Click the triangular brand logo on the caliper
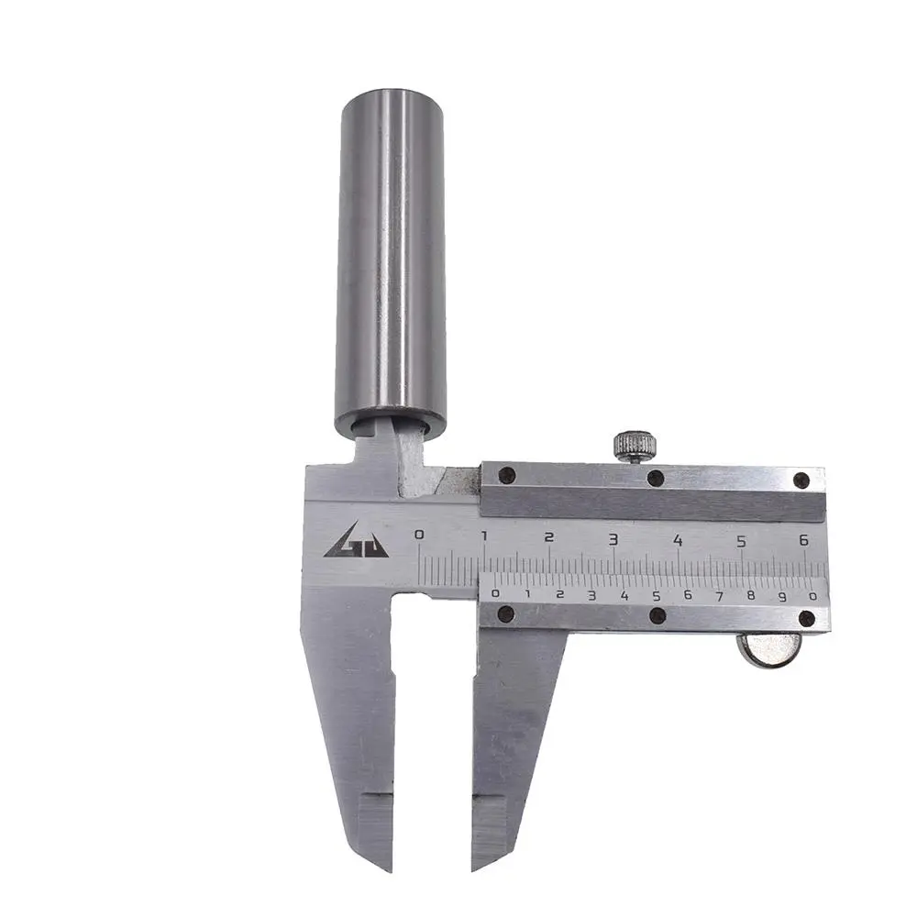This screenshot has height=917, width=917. (x=356, y=540)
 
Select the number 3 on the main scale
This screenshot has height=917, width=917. (x=613, y=539)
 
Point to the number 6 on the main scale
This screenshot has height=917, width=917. (x=803, y=540)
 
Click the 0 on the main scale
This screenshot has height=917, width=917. (x=419, y=535)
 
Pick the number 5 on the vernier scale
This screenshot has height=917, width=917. (x=657, y=596)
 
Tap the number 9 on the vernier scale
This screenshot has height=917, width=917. (x=782, y=598)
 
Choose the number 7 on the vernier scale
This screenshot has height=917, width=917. (x=719, y=597)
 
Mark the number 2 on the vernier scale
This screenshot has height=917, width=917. (x=559, y=595)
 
